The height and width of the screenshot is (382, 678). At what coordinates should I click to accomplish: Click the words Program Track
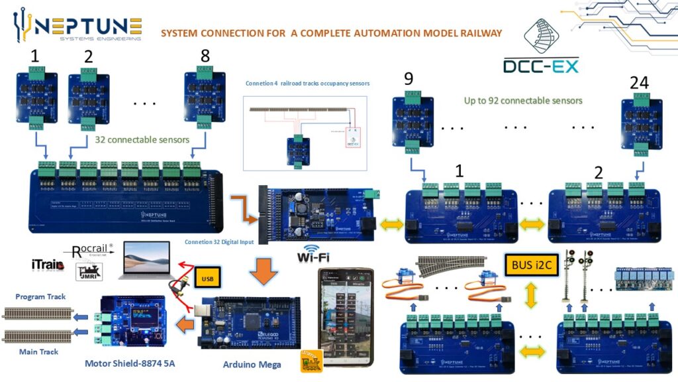[x=40, y=296]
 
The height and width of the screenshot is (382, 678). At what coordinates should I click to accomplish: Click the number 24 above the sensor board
[x=638, y=84]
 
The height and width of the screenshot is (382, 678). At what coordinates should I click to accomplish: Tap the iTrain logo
[x=48, y=265]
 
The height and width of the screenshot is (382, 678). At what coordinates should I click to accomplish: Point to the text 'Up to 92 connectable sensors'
[x=523, y=101]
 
